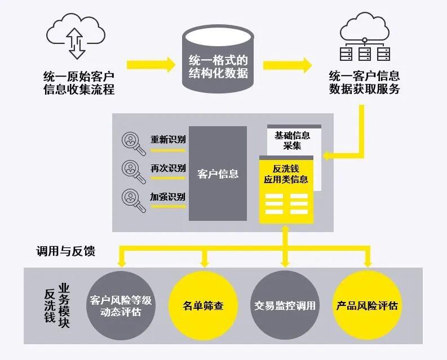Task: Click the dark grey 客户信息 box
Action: (x=218, y=174)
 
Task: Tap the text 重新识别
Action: (x=167, y=139)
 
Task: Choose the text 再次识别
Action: (x=167, y=168)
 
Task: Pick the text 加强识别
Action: (x=167, y=197)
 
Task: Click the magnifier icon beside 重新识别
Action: (x=133, y=144)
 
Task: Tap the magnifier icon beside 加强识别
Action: (x=133, y=201)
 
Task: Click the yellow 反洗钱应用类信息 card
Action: (x=286, y=189)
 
